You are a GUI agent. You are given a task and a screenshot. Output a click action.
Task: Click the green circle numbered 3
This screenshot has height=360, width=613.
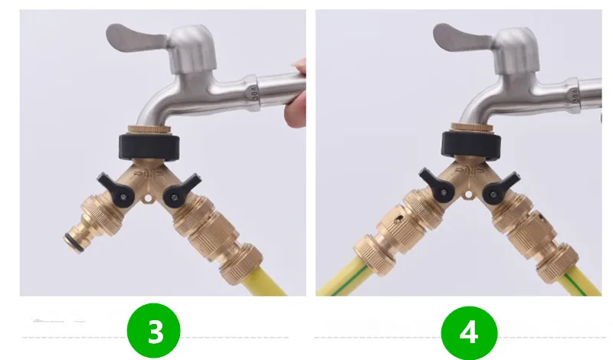tap(154, 330)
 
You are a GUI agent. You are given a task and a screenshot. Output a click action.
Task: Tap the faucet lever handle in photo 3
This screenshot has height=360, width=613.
tap(135, 38)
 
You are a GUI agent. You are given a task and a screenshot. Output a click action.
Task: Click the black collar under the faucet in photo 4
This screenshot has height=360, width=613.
tap(472, 144)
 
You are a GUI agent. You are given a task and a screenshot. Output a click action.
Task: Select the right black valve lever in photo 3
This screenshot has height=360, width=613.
tap(180, 190)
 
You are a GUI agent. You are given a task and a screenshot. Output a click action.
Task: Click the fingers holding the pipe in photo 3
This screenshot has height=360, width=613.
tap(296, 93)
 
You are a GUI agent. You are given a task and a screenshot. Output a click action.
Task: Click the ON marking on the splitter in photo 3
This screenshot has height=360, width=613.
tap(149, 173)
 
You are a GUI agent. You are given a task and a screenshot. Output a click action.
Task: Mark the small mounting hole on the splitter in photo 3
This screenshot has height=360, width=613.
tap(148, 199)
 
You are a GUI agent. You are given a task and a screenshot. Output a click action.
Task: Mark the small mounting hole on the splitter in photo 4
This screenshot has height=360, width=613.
tap(468, 195)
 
